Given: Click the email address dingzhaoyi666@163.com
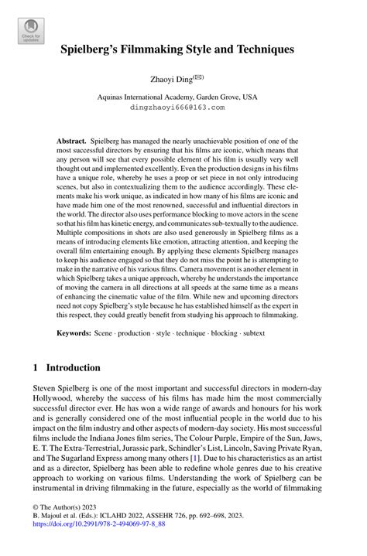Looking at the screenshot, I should point(183,108).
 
